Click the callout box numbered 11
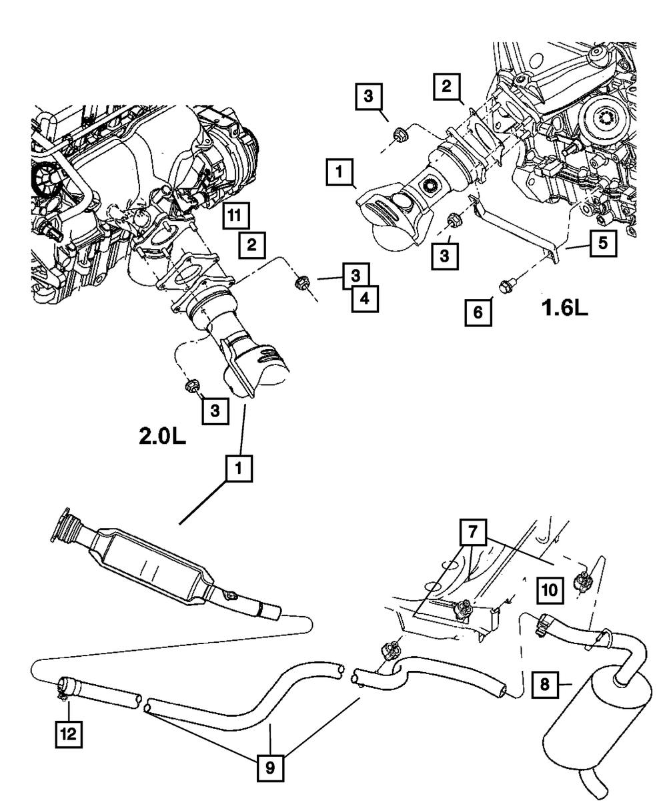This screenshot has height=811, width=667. click(x=235, y=216)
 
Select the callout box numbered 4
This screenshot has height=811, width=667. click(x=365, y=298)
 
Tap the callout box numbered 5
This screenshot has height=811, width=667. click(x=603, y=243)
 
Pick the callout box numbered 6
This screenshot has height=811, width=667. click(x=478, y=312)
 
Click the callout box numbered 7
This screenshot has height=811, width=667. click(x=473, y=532)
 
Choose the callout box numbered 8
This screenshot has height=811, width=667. click(x=545, y=685)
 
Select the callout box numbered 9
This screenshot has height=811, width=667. click(x=270, y=768)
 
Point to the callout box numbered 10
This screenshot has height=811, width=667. click(x=550, y=590)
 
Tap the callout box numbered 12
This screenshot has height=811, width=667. click(x=69, y=734)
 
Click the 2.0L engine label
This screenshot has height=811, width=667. click(x=162, y=437)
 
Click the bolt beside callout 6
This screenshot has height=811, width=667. click(x=504, y=286)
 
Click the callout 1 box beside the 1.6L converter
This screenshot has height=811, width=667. click(x=340, y=172)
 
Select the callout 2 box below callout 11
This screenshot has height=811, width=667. click(x=251, y=244)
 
